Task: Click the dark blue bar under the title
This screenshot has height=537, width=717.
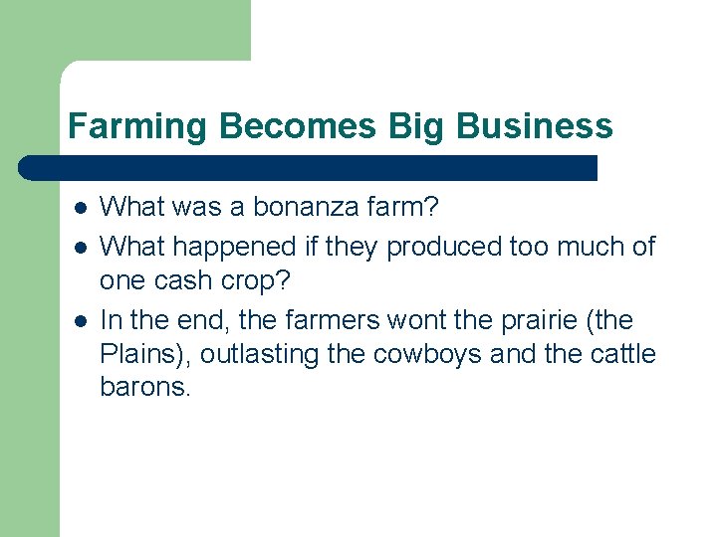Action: click(309, 167)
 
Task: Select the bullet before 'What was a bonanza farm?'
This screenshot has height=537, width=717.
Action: click(80, 208)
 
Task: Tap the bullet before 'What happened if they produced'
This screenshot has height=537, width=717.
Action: click(80, 246)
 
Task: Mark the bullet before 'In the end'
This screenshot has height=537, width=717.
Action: click(80, 321)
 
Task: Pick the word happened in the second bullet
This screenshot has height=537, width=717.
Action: click(243, 245)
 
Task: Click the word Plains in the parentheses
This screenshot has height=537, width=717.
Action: click(133, 355)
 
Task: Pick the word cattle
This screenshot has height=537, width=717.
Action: click(623, 355)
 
